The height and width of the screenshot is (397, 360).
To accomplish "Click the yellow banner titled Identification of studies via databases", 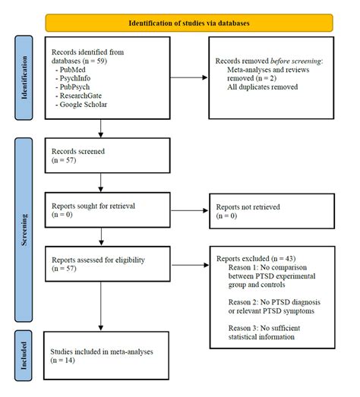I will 188,23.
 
